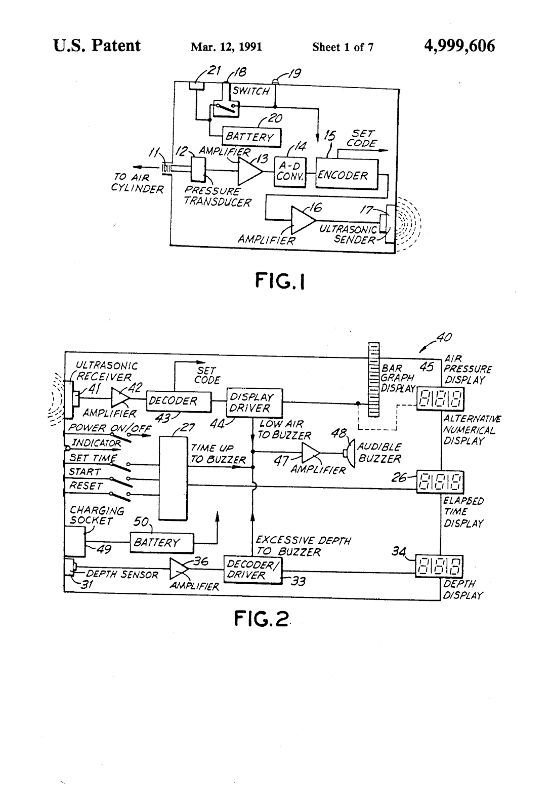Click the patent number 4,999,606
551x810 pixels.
pyautogui.click(x=459, y=46)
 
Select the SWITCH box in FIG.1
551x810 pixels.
pyautogui.click(x=251, y=92)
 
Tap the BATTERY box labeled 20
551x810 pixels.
pyautogui.click(x=251, y=137)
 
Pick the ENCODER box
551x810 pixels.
pyautogui.click(x=347, y=174)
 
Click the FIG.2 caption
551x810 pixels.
pyautogui.click(x=262, y=618)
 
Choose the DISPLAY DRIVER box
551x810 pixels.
pyautogui.click(x=253, y=402)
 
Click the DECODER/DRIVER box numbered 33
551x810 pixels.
pyautogui.click(x=252, y=571)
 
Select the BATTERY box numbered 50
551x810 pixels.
pyautogui.click(x=162, y=543)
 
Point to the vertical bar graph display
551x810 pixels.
pyautogui.click(x=374, y=380)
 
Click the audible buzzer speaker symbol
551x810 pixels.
pyautogui.click(x=349, y=453)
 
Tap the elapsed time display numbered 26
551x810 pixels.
pyautogui.click(x=440, y=482)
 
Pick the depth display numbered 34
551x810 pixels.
pyautogui.click(x=440, y=566)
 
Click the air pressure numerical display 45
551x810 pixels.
pyautogui.click(x=440, y=398)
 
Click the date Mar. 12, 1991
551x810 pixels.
pyautogui.click(x=226, y=47)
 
